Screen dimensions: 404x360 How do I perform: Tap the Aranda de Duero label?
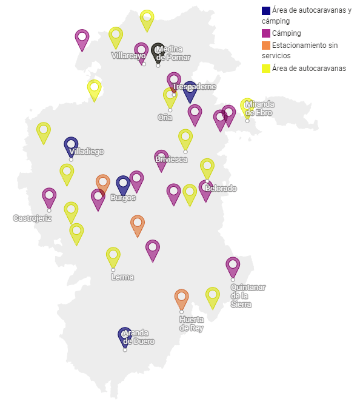[138, 337]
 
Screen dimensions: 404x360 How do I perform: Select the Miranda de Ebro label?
[259, 109]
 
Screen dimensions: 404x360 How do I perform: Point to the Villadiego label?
[87, 152]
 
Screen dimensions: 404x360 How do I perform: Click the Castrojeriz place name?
[32, 218]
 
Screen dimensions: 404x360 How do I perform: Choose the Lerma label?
[122, 277]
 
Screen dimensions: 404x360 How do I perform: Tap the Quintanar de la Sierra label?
[248, 295]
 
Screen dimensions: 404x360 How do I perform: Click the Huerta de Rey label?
[192, 324]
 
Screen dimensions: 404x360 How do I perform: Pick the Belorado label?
[221, 189]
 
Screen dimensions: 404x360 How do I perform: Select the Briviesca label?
[171, 160]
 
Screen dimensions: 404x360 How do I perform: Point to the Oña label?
[165, 117]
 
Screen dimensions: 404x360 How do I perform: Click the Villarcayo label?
[128, 56]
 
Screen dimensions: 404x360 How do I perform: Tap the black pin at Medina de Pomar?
[158, 51]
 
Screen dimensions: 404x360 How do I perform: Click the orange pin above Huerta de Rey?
[181, 297]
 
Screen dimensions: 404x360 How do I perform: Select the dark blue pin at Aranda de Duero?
[125, 335]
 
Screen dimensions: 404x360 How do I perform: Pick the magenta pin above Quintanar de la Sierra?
[233, 265]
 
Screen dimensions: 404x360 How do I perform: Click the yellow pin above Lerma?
[113, 255]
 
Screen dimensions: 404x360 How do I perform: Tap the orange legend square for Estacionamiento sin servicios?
[265, 45]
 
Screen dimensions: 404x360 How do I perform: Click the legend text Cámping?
[287, 33]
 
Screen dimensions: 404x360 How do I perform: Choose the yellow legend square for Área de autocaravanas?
[265, 69]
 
